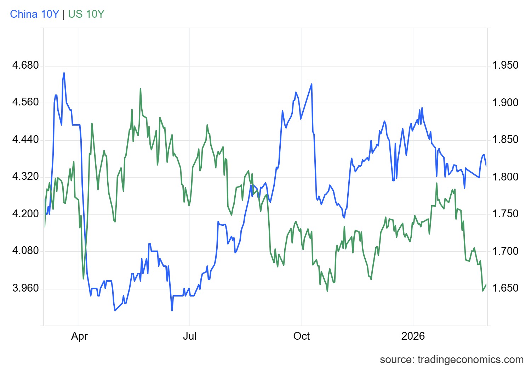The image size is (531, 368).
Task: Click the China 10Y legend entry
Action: coord(34,14)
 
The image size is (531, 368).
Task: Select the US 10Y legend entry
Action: coord(86,14)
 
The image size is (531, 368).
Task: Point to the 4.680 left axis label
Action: coord(25,65)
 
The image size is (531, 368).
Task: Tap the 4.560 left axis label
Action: coord(25,102)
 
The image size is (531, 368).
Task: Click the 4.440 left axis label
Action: coord(25,139)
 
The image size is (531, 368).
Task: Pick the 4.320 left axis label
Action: coord(25,177)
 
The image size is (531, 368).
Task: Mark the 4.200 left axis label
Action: coord(25,214)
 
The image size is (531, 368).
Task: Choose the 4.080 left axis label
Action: coord(25,251)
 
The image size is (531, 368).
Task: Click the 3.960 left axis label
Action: coord(25,288)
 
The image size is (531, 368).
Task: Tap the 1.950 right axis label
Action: coord(505,65)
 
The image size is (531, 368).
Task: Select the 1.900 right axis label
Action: coord(505,103)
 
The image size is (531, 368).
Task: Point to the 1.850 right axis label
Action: coord(505,139)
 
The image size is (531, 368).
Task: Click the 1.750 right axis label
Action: coord(505,214)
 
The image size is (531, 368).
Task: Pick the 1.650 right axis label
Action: coord(505,288)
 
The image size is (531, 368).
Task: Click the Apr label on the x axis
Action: coord(79,336)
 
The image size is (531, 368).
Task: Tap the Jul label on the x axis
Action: coord(190,336)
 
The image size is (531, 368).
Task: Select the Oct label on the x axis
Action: coord(301,336)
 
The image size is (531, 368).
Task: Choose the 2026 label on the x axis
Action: coord(413,336)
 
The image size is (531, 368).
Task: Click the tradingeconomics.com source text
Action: coord(451,360)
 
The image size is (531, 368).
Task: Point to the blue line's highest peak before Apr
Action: coord(64,73)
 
